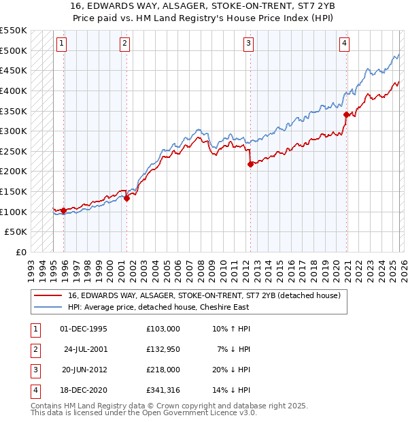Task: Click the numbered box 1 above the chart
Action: click(x=61, y=44)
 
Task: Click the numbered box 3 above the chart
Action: click(x=249, y=44)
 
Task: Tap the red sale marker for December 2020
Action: click(x=346, y=114)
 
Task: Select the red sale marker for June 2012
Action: click(x=250, y=164)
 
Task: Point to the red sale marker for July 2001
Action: click(x=126, y=198)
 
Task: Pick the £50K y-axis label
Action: click(x=16, y=232)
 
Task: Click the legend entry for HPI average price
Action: click(x=158, y=307)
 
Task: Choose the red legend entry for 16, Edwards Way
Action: click(x=208, y=295)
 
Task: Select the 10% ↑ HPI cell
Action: click(x=231, y=329)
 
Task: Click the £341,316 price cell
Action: click(x=163, y=390)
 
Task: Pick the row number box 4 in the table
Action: click(x=33, y=390)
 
